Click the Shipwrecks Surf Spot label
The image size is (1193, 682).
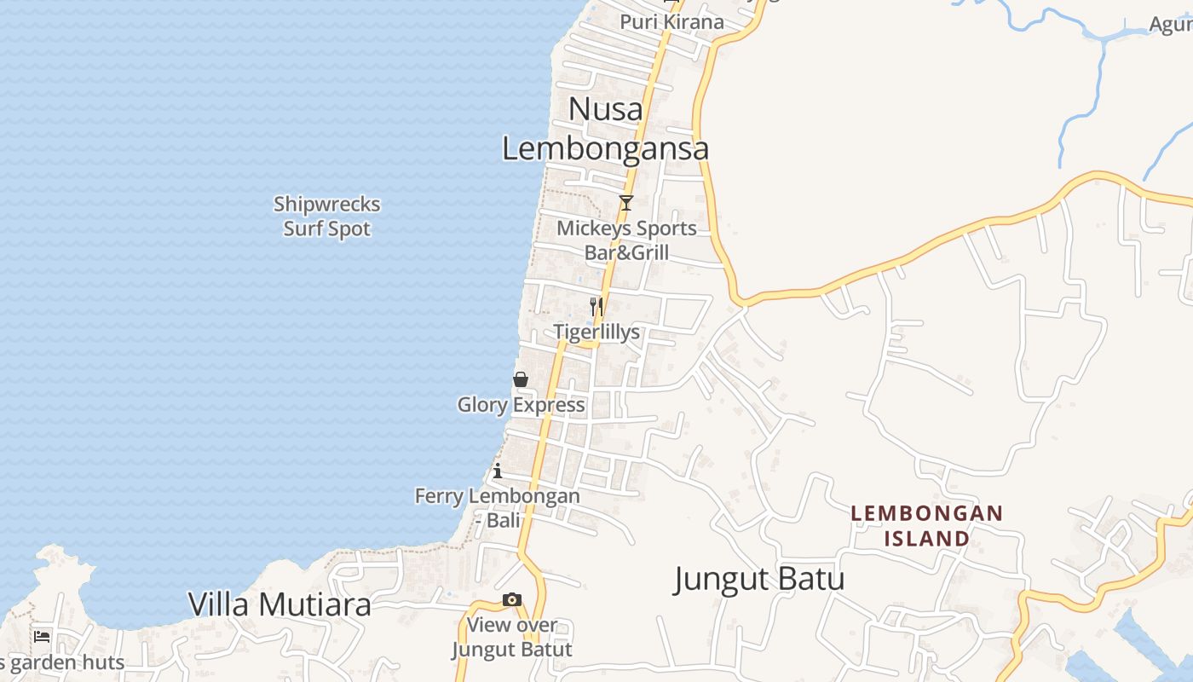[326, 217]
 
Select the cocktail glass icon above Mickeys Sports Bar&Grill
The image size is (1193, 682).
[626, 202]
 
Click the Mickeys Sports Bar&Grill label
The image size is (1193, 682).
[626, 240]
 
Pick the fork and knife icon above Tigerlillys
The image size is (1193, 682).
[596, 305]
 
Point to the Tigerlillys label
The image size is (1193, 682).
[596, 332]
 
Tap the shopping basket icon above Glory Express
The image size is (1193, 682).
[521, 379]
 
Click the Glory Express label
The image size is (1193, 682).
[521, 405]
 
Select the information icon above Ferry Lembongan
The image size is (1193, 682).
[497, 471]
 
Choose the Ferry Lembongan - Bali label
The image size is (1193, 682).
[497, 507]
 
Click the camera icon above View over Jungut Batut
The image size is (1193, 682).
[511, 600]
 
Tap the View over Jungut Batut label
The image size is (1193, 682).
[511, 637]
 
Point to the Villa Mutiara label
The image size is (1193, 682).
[280, 604]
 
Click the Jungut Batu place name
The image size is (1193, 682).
[759, 579]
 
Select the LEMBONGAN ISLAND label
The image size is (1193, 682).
[927, 526]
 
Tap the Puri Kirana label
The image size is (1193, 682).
[671, 22]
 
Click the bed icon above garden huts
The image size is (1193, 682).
[42, 636]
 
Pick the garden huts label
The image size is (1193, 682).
[65, 662]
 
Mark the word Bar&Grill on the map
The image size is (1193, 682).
[626, 253]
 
